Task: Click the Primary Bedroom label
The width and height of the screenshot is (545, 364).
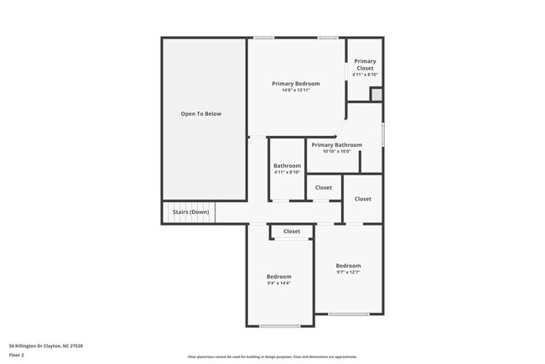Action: click(296, 84)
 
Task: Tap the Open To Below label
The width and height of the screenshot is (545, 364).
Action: click(201, 113)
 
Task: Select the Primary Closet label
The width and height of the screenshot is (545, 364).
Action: click(365, 64)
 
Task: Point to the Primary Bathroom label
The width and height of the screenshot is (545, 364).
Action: click(337, 145)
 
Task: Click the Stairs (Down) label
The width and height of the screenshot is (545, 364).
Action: click(191, 212)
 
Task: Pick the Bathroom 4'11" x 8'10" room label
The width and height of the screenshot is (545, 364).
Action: click(287, 166)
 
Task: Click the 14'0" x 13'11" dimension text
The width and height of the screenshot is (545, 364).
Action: click(296, 91)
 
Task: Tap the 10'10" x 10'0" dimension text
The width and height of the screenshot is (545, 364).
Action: click(337, 152)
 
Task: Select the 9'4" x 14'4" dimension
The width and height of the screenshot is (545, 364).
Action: click(279, 283)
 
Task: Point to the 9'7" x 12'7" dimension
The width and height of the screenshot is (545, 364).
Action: click(348, 272)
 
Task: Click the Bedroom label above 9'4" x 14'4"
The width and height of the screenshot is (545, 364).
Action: click(279, 277)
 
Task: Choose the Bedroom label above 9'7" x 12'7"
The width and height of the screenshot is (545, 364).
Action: click(348, 265)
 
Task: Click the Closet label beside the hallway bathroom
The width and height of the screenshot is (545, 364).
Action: click(324, 188)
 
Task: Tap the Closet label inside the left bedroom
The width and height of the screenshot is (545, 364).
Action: click(292, 231)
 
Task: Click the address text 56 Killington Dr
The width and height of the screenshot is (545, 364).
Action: click(45, 346)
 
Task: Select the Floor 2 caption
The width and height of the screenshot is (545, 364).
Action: click(17, 355)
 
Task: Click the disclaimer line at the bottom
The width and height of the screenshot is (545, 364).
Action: click(272, 356)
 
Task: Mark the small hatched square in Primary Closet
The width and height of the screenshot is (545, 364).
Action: click(376, 94)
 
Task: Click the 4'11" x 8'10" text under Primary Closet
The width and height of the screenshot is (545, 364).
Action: click(365, 75)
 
